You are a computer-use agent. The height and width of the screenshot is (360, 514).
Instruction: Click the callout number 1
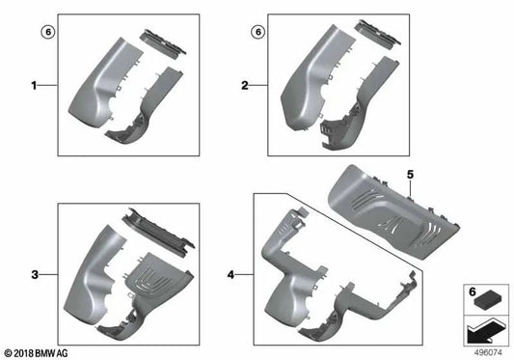pos(35,86)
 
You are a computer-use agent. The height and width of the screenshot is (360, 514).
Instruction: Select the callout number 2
pos(245,86)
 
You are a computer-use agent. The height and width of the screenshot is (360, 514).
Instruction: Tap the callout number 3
pos(35,275)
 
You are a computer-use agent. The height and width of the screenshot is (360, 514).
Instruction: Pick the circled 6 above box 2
pos(257,31)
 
